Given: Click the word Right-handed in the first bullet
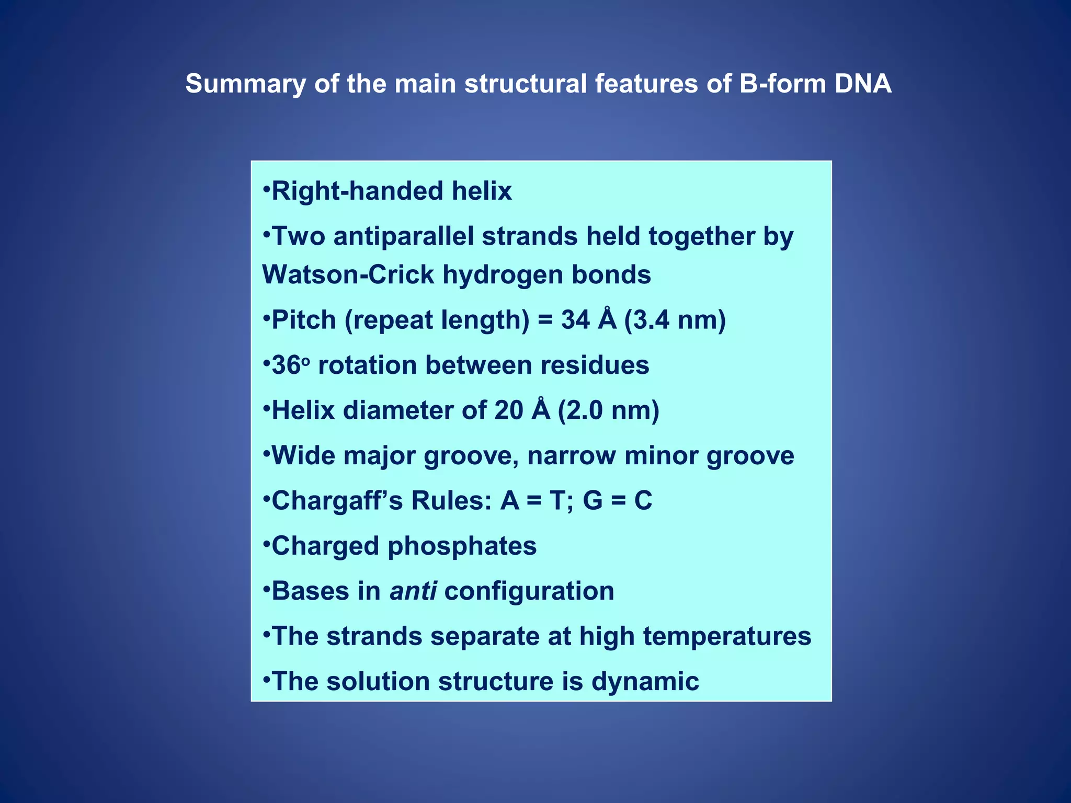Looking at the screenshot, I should (357, 191).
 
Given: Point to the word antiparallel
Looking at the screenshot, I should (403, 236).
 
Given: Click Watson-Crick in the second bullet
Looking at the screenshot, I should (348, 274).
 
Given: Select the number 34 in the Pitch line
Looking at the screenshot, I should (576, 320).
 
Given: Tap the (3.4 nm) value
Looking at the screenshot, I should (675, 320).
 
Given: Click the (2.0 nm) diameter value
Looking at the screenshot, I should (609, 410).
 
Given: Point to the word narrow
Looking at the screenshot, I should (571, 455).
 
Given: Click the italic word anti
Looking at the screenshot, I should (413, 591).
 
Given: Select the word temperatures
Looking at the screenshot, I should (727, 637).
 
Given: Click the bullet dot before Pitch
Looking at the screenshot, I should (266, 316).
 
